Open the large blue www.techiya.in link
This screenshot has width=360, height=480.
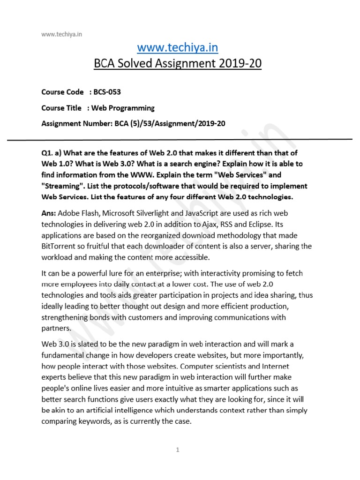[x=178, y=48]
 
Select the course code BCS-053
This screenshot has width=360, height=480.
[x=111, y=92]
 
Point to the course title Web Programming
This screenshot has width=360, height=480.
[x=123, y=108]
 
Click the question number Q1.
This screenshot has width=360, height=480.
[x=49, y=153]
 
